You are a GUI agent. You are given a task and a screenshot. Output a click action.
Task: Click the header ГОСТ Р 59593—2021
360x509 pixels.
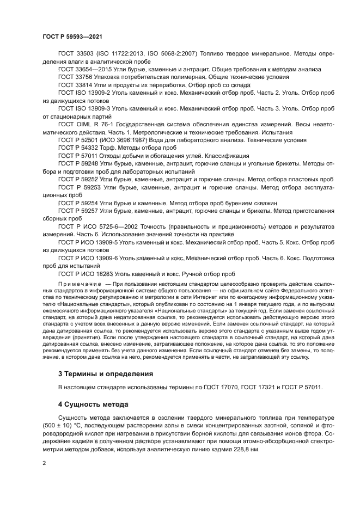point(72,36)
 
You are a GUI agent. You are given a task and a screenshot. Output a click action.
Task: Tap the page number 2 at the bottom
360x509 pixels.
point(44,462)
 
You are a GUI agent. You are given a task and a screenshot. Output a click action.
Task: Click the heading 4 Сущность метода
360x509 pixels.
point(93,404)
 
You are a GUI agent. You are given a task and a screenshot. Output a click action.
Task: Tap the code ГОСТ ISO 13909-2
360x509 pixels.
point(84,93)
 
